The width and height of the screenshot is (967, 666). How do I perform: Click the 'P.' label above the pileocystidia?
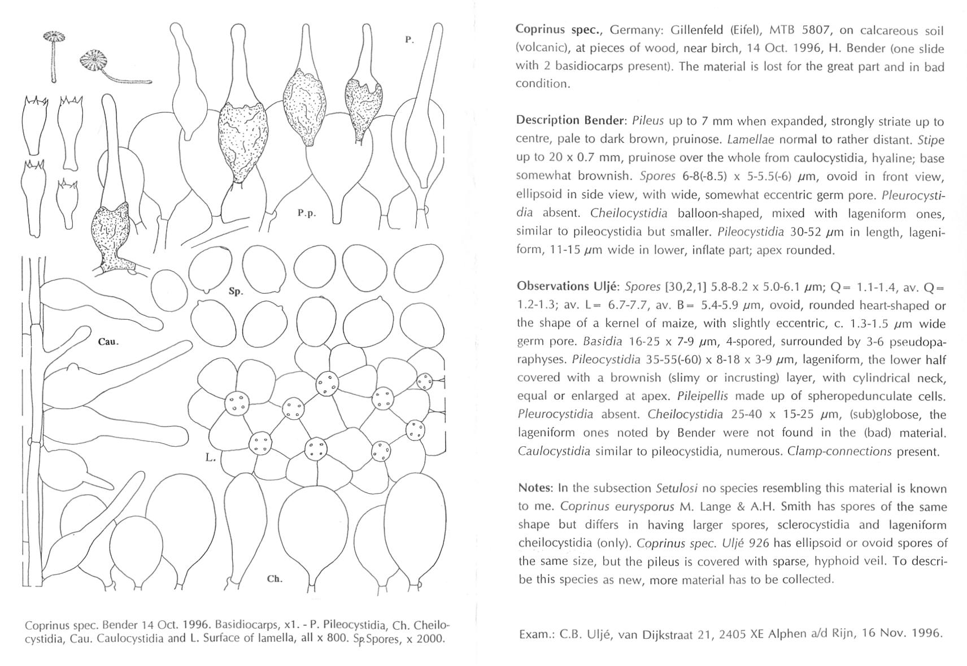410,40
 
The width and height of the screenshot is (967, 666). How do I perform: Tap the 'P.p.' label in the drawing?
307,213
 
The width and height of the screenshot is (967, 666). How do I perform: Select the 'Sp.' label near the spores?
236,291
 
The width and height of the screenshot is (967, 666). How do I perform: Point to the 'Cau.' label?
108,342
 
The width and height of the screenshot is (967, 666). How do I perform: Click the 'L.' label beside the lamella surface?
211,458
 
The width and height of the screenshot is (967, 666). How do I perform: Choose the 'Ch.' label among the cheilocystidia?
275,578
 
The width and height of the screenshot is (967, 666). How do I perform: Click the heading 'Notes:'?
535,487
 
